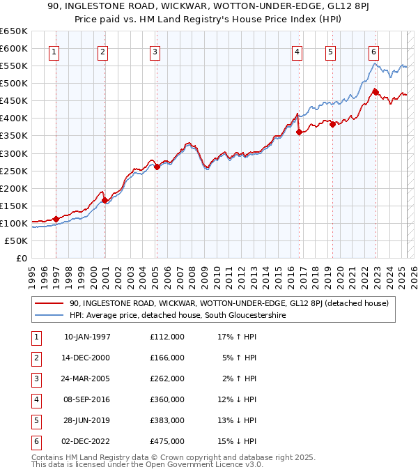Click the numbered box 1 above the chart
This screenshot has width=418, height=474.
54,51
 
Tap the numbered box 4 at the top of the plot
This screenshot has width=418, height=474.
297,51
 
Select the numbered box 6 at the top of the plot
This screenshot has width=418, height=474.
374,51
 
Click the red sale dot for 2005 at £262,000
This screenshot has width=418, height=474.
157,167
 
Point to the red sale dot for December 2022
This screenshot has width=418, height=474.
376,92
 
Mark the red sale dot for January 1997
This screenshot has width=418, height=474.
56,219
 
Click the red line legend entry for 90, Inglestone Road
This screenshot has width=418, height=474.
229,303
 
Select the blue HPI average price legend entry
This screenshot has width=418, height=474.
178,315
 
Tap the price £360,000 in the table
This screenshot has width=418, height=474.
167,399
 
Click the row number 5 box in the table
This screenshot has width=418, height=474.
35,420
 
